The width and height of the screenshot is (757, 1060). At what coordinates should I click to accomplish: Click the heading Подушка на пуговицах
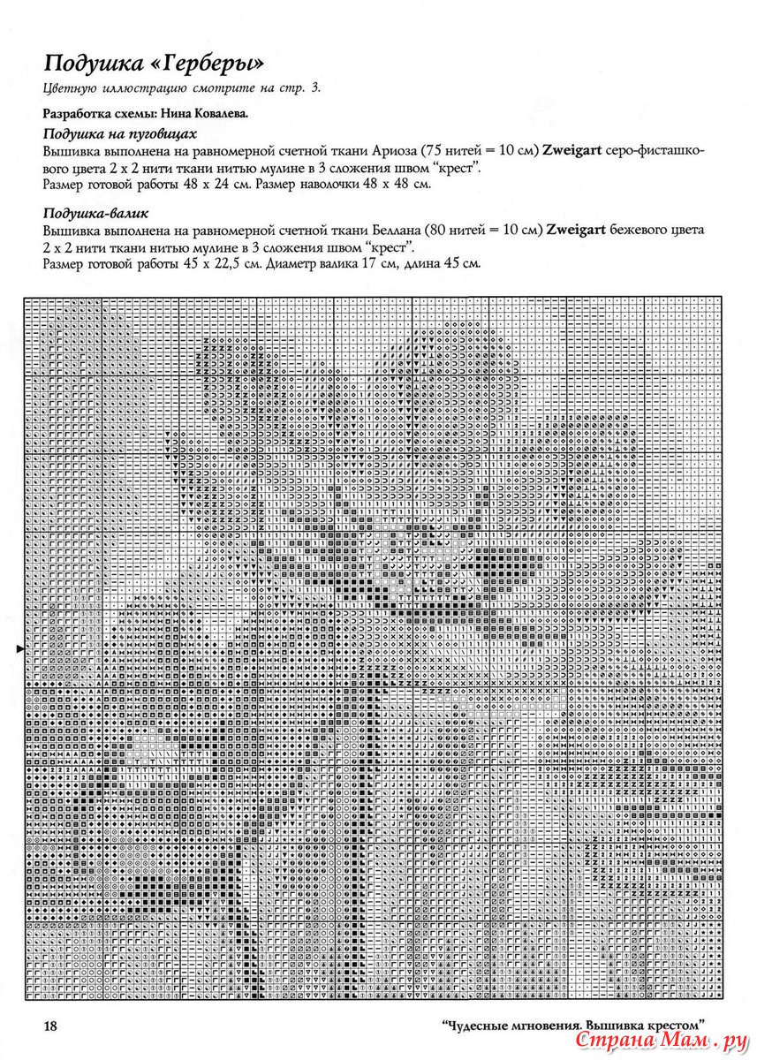(119, 133)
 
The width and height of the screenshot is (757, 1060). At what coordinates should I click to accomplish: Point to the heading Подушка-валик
(95, 213)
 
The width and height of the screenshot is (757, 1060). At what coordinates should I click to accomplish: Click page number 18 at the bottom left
(50, 1026)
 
